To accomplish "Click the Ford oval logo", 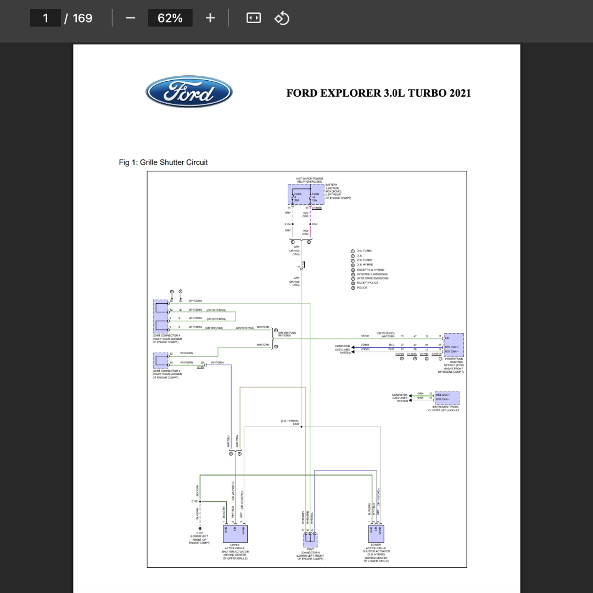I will (x=189, y=92).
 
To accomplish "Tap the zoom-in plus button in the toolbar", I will (x=210, y=18).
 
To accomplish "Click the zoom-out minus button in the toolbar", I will (x=130, y=18).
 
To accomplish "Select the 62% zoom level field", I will (x=170, y=18).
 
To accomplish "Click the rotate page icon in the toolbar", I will (x=282, y=18).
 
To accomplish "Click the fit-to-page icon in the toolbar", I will (x=254, y=18).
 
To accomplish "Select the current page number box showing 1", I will (x=46, y=18).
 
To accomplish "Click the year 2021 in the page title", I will (x=460, y=93).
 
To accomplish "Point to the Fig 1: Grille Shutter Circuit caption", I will (x=163, y=163).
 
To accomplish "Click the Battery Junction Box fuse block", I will (x=306, y=195).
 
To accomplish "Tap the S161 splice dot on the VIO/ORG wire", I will (x=310, y=224).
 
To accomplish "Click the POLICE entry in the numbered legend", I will (x=362, y=288).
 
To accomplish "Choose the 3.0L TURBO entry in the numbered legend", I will (x=365, y=250).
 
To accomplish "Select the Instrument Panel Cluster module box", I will (x=447, y=398).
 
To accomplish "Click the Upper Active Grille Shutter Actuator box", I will (x=235, y=533).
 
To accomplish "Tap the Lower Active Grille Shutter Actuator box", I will (x=376, y=533).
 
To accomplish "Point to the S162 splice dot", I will (x=200, y=501).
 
